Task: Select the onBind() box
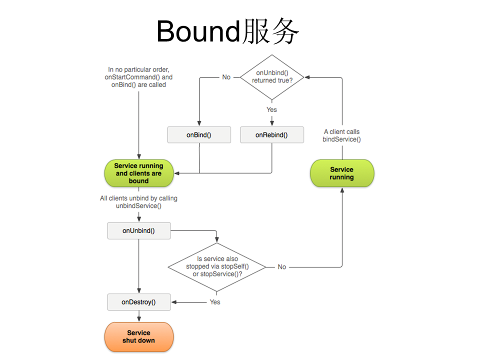pyautogui.click(x=199, y=135)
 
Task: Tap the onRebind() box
pyautogui.click(x=271, y=135)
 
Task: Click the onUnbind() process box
pyautogui.click(x=138, y=230)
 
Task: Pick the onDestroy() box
pyautogui.click(x=138, y=302)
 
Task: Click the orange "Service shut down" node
pyautogui.click(x=138, y=336)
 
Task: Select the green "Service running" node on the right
pyautogui.click(x=342, y=173)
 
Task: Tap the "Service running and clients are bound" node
pyautogui.click(x=138, y=173)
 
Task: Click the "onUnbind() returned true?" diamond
pyautogui.click(x=271, y=77)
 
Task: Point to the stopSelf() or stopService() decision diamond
pyautogui.click(x=216, y=267)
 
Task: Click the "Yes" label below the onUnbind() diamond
pyautogui.click(x=271, y=109)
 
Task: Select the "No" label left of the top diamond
pyautogui.click(x=226, y=77)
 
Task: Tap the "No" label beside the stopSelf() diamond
pyautogui.click(x=282, y=267)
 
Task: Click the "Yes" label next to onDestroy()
pyautogui.click(x=215, y=302)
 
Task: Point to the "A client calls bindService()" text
pyautogui.click(x=341, y=135)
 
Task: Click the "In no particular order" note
pyautogui.click(x=138, y=77)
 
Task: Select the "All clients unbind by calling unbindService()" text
pyautogui.click(x=138, y=202)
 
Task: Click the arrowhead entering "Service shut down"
pyautogui.click(x=138, y=319)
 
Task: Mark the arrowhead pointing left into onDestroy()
pyautogui.click(x=174, y=302)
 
